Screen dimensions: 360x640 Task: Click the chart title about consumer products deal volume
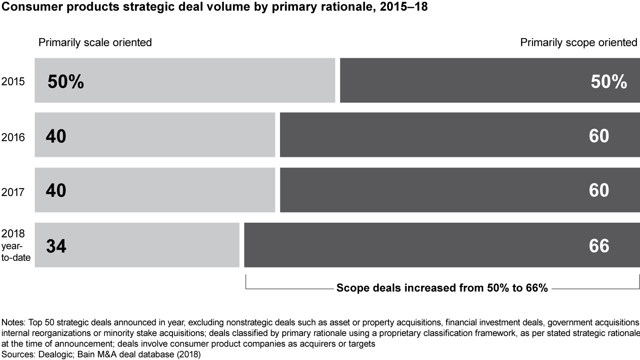pyautogui.click(x=214, y=7)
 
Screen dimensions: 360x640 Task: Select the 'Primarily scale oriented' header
pyautogui.click(x=95, y=42)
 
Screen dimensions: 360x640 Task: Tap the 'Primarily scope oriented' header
pyautogui.click(x=579, y=42)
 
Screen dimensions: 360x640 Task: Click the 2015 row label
pyautogui.click(x=13, y=82)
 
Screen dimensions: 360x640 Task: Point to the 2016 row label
pyautogui.click(x=13, y=137)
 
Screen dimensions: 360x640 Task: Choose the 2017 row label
pyautogui.click(x=13, y=192)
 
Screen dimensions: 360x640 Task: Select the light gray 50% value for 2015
pyautogui.click(x=65, y=81)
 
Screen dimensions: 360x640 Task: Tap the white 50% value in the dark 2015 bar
pyautogui.click(x=608, y=81)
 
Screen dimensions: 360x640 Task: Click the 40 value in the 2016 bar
pyautogui.click(x=56, y=136)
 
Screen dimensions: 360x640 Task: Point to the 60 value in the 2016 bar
pyautogui.click(x=599, y=136)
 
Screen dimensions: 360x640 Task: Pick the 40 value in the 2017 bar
pyautogui.click(x=56, y=191)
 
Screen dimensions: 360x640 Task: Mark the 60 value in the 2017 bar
pyautogui.click(x=599, y=191)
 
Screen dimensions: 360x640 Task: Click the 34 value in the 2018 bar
pyautogui.click(x=56, y=246)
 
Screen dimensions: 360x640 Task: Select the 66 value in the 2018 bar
pyautogui.click(x=599, y=246)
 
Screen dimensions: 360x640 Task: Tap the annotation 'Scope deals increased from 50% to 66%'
pyautogui.click(x=442, y=288)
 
